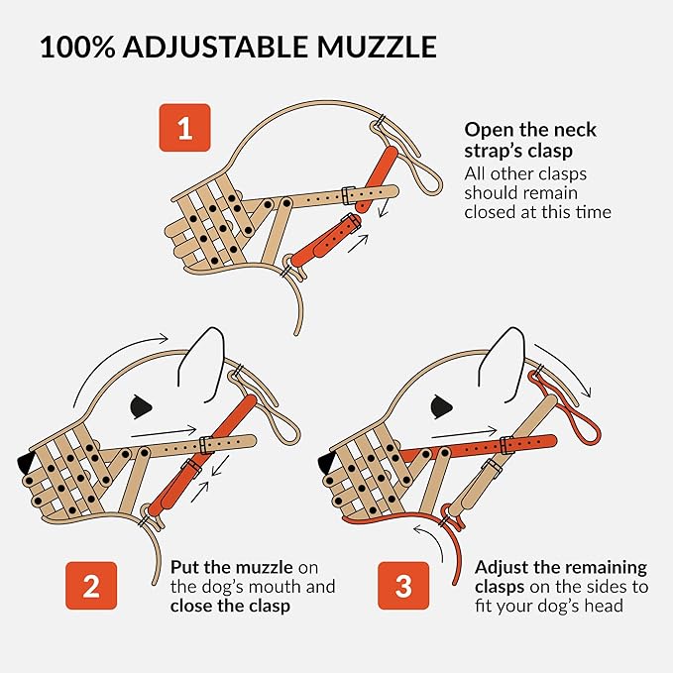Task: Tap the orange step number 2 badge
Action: coord(90,585)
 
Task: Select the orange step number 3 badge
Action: coord(402,585)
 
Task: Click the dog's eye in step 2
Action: coord(142,403)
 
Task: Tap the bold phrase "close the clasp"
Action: coord(230,605)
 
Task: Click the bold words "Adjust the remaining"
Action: coord(561,568)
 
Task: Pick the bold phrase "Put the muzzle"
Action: coord(231,568)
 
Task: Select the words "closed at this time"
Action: coord(537,211)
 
